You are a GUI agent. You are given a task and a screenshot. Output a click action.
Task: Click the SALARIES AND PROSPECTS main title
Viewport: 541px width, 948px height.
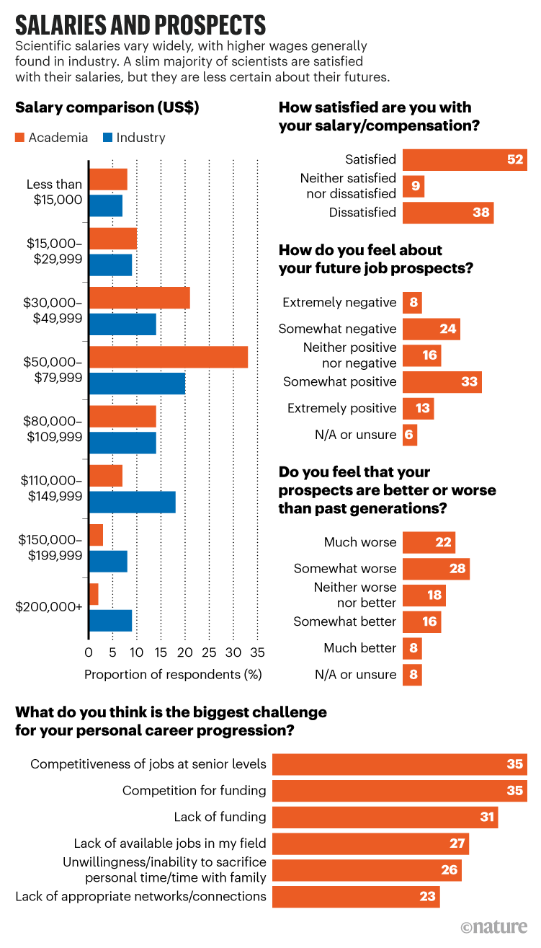[x=140, y=25]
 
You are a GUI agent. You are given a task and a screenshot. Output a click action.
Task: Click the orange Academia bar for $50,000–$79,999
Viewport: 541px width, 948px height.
[x=169, y=357]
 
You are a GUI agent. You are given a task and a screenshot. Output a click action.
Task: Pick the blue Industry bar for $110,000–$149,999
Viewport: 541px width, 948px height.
[x=132, y=502]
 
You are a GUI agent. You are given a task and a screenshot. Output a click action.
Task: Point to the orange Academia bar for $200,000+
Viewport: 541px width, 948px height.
[x=94, y=594]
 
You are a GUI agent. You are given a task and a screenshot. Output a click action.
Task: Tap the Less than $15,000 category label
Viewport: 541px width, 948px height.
[x=54, y=192]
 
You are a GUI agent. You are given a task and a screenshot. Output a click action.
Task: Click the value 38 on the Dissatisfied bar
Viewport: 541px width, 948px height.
[x=481, y=213]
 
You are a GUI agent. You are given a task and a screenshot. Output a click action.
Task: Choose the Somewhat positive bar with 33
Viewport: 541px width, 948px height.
[x=442, y=382]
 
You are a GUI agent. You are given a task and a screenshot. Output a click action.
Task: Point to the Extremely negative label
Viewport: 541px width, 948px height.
[x=339, y=303]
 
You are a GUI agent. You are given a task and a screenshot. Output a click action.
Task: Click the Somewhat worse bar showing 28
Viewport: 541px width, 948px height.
[x=436, y=569]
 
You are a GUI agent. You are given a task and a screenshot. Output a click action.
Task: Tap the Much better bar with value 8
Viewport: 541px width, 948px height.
[x=412, y=648]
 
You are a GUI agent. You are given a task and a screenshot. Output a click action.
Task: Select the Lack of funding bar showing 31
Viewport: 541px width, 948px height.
[x=385, y=817]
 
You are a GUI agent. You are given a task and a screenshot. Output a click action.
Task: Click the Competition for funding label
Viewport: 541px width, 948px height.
[x=194, y=790]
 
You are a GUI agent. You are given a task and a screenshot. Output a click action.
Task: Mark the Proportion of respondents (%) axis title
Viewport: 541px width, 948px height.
[x=173, y=675]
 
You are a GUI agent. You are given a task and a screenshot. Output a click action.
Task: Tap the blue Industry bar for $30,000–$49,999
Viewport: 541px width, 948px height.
[x=122, y=324]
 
